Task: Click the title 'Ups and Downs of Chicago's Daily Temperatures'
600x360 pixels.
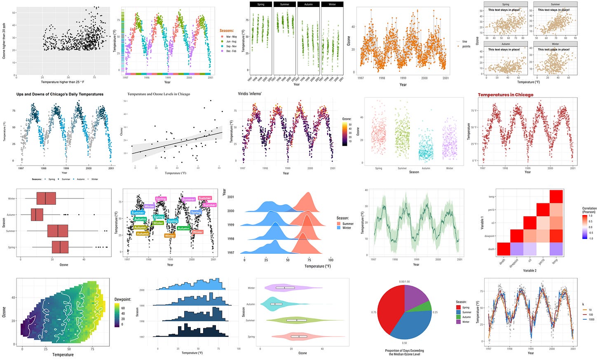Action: click(x=60, y=94)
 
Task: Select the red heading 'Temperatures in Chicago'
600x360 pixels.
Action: click(x=505, y=95)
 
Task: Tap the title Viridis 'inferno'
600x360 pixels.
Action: click(x=250, y=94)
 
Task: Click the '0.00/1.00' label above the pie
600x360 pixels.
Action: click(x=404, y=282)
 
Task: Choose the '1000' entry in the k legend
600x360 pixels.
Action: click(x=591, y=319)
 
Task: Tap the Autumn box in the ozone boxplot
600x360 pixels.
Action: click(x=37, y=215)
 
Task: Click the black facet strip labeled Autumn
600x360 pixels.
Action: click(x=308, y=5)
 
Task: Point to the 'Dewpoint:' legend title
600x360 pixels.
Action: click(x=122, y=299)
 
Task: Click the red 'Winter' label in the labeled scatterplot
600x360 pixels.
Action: click(x=198, y=232)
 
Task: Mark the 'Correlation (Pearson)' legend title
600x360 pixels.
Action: click(x=589, y=210)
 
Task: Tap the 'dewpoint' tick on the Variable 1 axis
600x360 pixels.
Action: click(x=489, y=236)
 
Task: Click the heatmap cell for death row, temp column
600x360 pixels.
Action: click(x=556, y=249)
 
